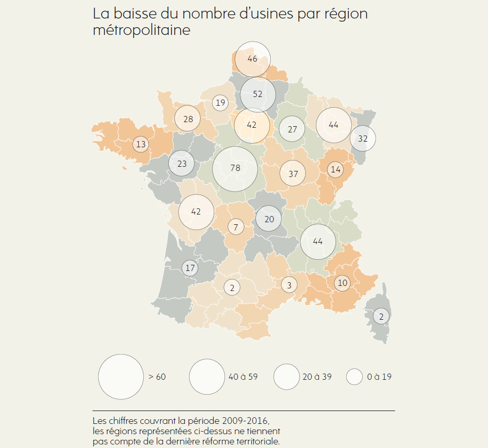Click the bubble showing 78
point(235,169)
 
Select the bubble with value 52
point(258,94)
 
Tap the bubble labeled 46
point(252,59)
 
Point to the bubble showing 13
point(141,144)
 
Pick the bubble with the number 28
point(188,119)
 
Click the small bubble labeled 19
point(220,103)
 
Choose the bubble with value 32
point(363,138)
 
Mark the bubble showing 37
point(293,173)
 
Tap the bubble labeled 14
point(335,169)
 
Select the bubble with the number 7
point(236,227)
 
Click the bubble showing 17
point(190,268)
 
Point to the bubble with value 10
point(342,283)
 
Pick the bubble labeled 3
point(289,285)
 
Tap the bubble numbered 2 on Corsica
point(381,316)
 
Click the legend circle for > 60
point(121,377)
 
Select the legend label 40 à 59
point(242,377)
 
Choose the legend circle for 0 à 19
point(354,377)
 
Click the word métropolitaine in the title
point(141,30)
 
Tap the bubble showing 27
point(292,129)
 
